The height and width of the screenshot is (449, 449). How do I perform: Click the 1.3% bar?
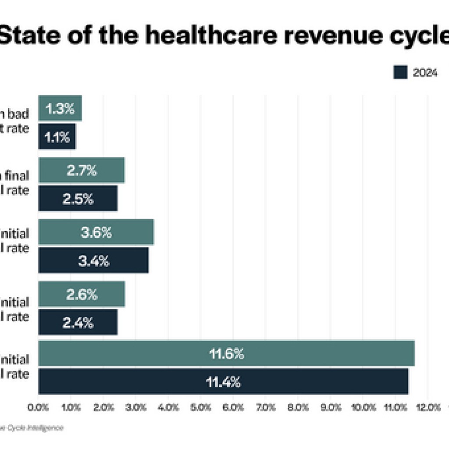(x=60, y=108)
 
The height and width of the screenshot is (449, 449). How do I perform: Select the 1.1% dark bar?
(x=57, y=137)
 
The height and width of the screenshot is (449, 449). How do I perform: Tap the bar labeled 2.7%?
(x=82, y=170)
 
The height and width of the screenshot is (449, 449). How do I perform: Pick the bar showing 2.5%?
(x=78, y=199)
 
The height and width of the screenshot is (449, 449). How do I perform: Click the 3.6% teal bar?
(x=96, y=232)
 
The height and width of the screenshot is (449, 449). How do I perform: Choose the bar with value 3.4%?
(x=93, y=260)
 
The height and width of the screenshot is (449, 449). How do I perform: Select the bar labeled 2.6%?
(x=82, y=294)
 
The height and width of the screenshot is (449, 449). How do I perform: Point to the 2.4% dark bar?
(x=78, y=322)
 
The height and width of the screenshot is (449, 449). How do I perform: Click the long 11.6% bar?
(x=226, y=353)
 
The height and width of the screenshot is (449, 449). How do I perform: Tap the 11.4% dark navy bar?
(x=223, y=381)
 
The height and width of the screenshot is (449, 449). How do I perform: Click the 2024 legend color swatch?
(x=400, y=73)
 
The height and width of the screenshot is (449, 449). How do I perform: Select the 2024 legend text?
(x=425, y=73)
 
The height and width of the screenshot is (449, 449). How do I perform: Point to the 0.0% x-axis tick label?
(x=39, y=407)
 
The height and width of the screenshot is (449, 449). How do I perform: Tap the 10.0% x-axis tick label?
(x=363, y=407)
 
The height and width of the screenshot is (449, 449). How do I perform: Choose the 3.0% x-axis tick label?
(x=136, y=407)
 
